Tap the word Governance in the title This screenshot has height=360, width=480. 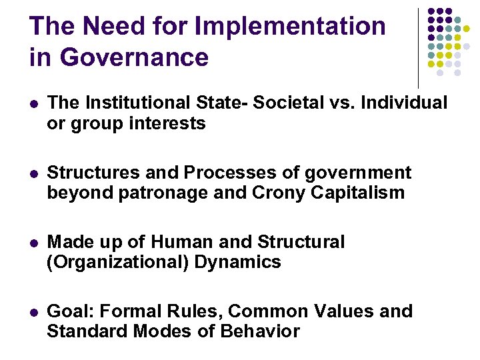point(134,57)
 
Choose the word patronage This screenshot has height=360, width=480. point(160,193)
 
